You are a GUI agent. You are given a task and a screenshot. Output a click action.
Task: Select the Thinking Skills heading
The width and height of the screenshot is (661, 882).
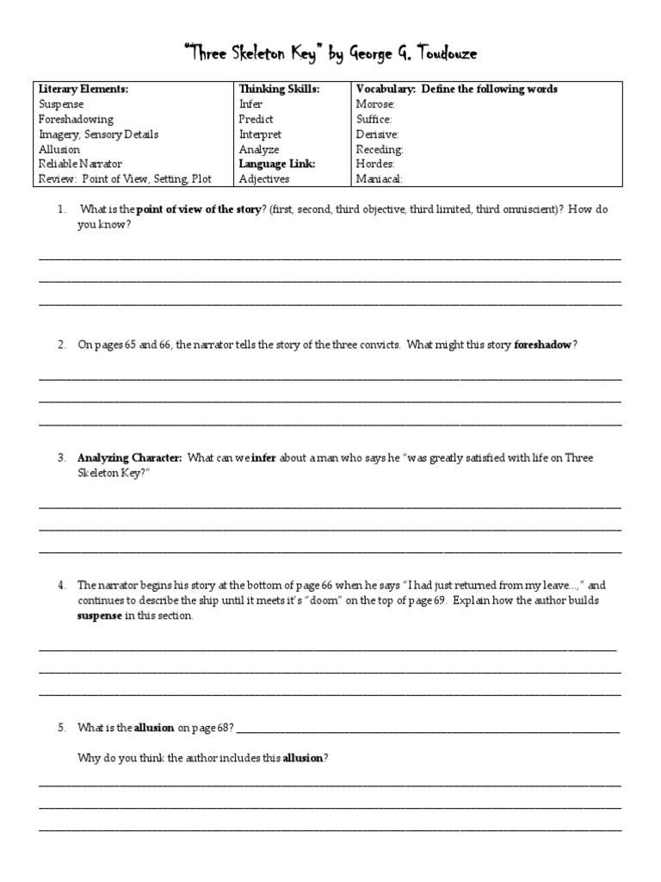278,90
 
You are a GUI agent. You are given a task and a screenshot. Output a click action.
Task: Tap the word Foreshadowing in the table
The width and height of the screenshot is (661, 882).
76,120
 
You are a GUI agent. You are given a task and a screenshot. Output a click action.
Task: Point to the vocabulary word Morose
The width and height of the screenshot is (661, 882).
374,104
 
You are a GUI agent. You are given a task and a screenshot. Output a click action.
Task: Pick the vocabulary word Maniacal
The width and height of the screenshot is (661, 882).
378,179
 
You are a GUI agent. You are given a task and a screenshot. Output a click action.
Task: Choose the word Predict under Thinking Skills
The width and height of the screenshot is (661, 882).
256,120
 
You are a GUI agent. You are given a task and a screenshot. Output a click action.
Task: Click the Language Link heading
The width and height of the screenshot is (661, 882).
277,164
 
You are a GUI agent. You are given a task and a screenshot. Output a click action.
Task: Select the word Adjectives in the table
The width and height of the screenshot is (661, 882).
264,179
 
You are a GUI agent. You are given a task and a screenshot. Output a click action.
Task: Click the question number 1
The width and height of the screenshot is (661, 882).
61,210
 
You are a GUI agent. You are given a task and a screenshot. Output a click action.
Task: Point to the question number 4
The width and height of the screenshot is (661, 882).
61,585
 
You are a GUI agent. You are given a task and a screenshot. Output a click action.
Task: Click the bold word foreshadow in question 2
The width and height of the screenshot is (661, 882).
542,345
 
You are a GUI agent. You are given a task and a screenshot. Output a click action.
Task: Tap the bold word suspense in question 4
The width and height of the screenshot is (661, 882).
100,617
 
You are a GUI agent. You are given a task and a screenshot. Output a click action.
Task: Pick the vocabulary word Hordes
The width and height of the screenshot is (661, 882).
374,164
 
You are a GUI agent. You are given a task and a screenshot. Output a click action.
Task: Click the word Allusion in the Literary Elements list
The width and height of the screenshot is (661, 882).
59,149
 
